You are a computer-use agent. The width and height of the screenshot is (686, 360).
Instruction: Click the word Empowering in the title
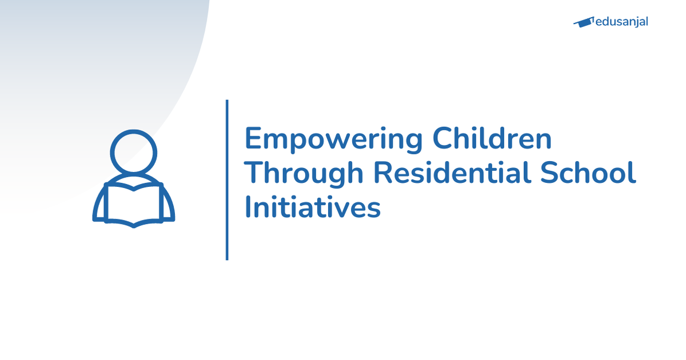coord(333,139)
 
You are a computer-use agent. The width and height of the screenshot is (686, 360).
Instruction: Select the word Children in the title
coord(492,139)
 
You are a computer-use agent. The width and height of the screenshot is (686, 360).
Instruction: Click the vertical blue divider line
coord(227,180)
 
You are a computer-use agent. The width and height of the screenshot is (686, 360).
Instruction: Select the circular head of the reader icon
coord(133,153)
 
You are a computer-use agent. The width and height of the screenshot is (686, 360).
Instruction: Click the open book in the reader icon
coord(133,205)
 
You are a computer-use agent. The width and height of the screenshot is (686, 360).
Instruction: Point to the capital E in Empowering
coord(253,139)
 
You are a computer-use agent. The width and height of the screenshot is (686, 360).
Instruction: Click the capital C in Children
coord(442,139)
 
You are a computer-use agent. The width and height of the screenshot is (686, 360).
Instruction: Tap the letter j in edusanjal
coord(636,23)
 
